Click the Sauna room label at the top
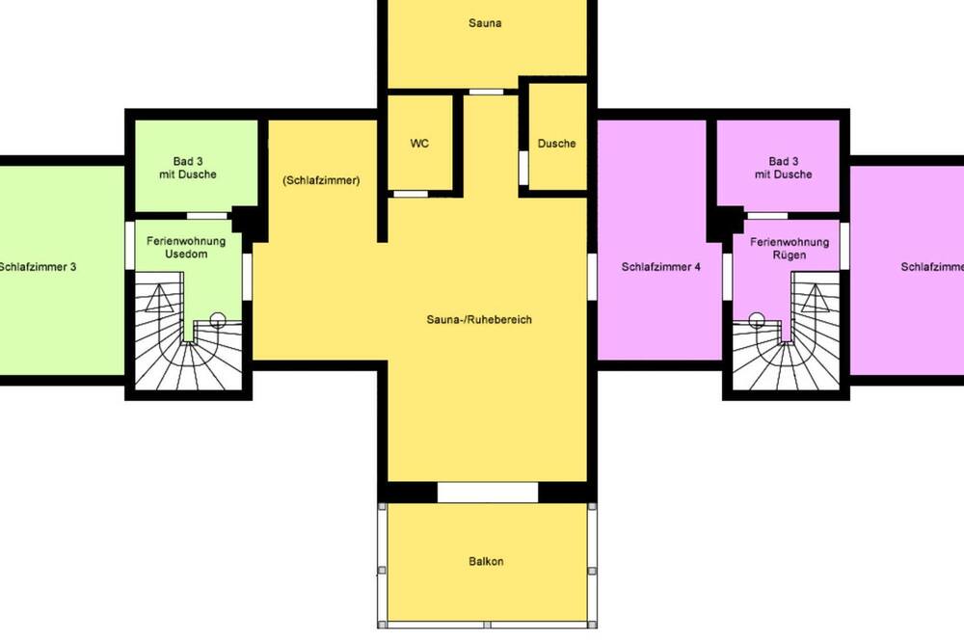[485, 23]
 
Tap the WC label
[419, 144]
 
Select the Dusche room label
[556, 144]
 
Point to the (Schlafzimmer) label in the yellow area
[321, 180]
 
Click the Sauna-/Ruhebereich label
[479, 320]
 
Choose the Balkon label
[486, 561]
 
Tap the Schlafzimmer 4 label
[661, 267]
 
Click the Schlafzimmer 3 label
[38, 267]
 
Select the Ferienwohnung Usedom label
[186, 247]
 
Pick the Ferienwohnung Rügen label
[790, 249]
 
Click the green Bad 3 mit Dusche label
[188, 168]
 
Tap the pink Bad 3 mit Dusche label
[783, 168]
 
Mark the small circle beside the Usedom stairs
[217, 319]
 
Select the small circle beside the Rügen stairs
[757, 319]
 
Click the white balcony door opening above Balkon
[488, 493]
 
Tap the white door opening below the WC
[411, 194]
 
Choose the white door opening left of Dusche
[523, 168]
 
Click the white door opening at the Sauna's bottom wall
[486, 93]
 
